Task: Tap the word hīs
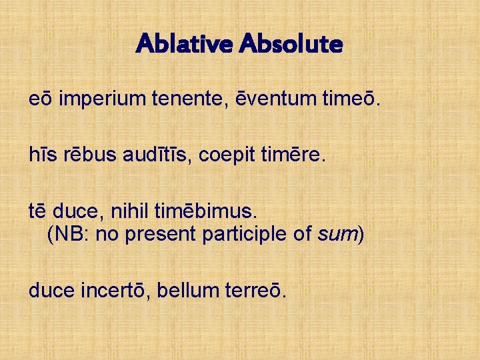coord(41,156)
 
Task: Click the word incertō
coord(115,290)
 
